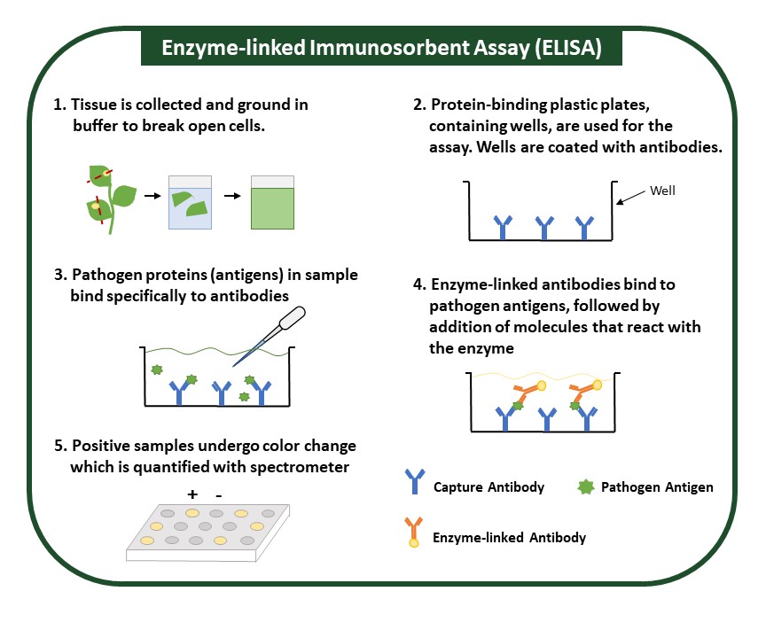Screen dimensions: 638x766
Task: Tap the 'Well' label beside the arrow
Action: (x=663, y=190)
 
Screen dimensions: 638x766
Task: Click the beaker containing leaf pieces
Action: (x=191, y=202)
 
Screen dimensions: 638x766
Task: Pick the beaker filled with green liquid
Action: (x=274, y=202)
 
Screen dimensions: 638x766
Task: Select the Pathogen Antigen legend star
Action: (x=584, y=486)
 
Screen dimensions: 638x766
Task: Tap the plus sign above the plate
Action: (x=192, y=493)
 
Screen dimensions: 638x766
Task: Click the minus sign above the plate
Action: (x=218, y=493)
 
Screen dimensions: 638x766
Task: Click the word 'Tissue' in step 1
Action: (x=95, y=104)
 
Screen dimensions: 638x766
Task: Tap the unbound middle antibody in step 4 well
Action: (x=546, y=416)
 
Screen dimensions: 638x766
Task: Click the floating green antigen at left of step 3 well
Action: (x=157, y=368)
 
